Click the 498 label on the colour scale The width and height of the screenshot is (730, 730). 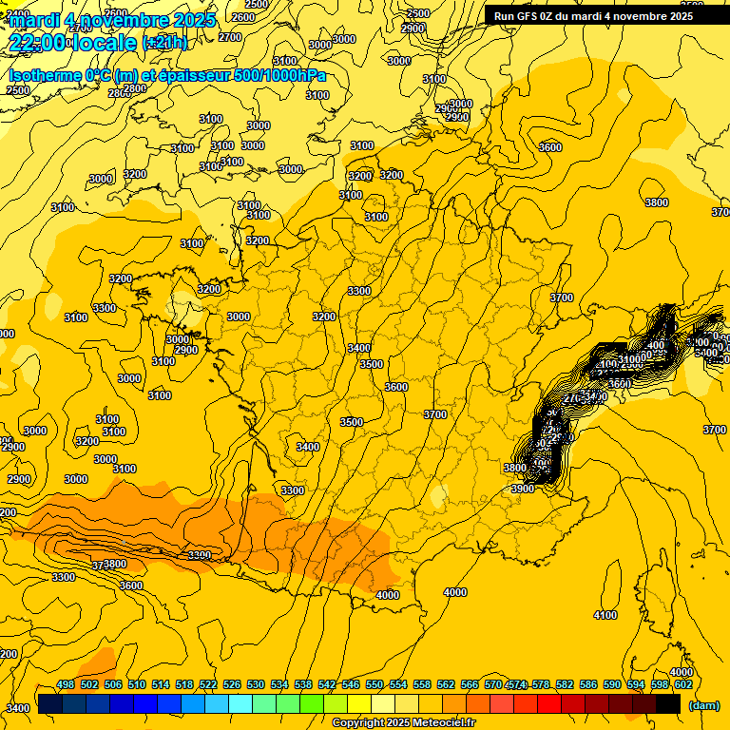coord(66,684)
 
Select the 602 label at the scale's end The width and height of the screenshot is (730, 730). coord(683,684)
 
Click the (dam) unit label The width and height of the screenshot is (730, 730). coord(704,705)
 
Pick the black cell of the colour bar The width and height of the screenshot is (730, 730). coord(668,704)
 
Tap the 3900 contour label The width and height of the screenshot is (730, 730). coord(523,488)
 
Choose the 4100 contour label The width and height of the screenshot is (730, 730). coord(605,615)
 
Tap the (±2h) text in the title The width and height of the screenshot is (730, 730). coord(165,43)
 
